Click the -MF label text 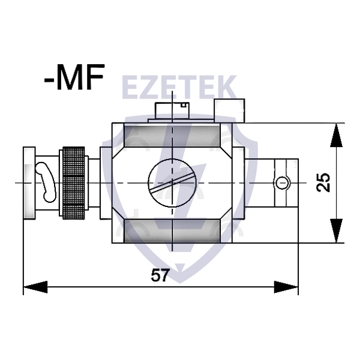click(x=74, y=79)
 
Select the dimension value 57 click(x=159, y=275)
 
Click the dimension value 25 click(x=323, y=182)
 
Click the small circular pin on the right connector click(x=282, y=182)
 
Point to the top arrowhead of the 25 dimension click(x=338, y=134)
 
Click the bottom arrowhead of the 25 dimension click(x=338, y=232)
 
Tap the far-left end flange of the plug click(x=28, y=182)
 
